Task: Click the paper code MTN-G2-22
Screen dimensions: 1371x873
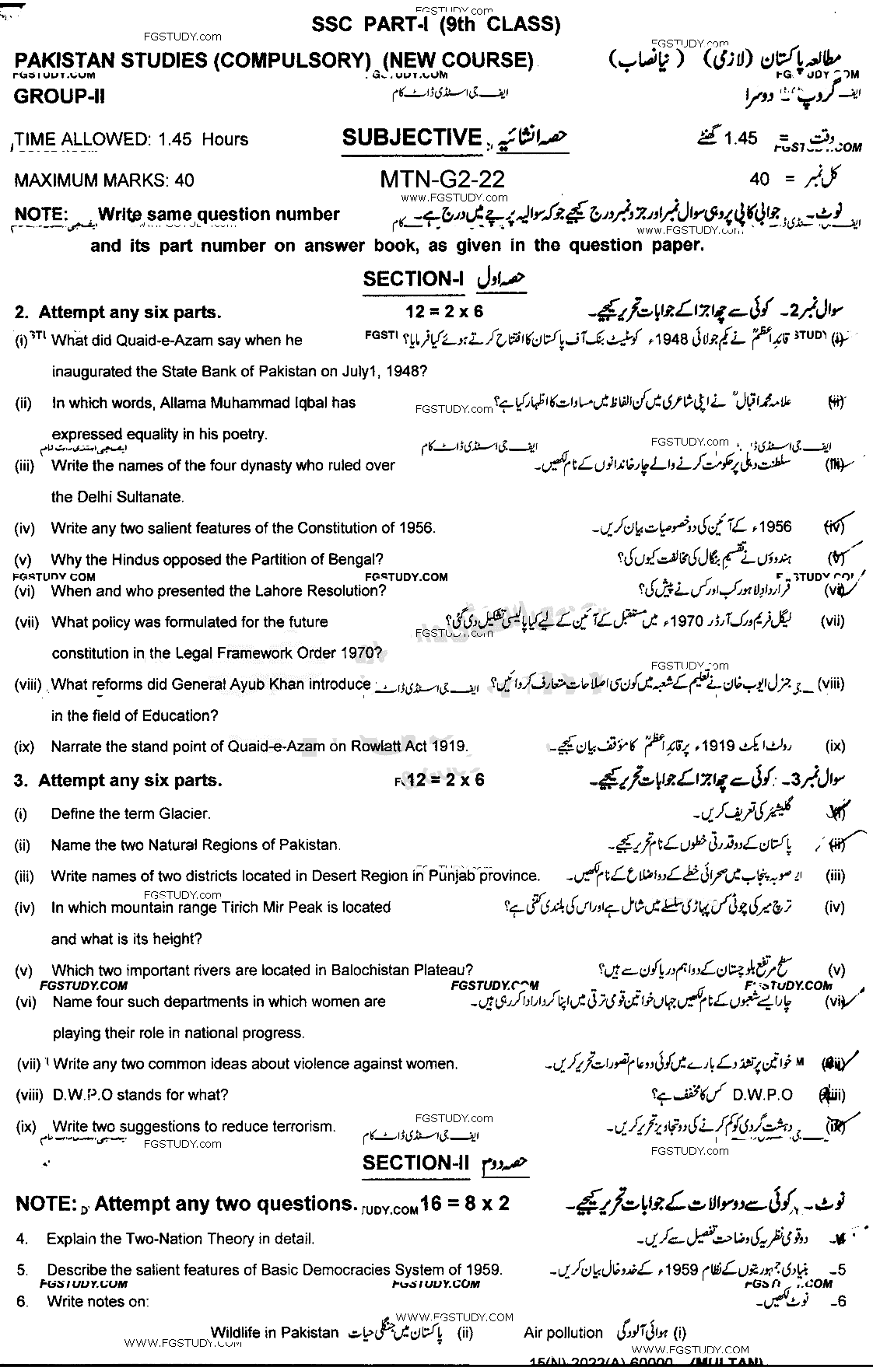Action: coord(442,180)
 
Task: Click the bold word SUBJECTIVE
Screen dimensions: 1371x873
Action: coord(412,138)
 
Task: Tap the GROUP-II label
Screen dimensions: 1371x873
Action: coord(59,96)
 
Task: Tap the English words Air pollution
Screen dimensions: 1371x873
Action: coord(563,1333)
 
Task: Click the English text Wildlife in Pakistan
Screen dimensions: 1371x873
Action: coord(275,1333)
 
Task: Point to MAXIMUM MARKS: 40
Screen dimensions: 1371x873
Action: coord(104,180)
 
